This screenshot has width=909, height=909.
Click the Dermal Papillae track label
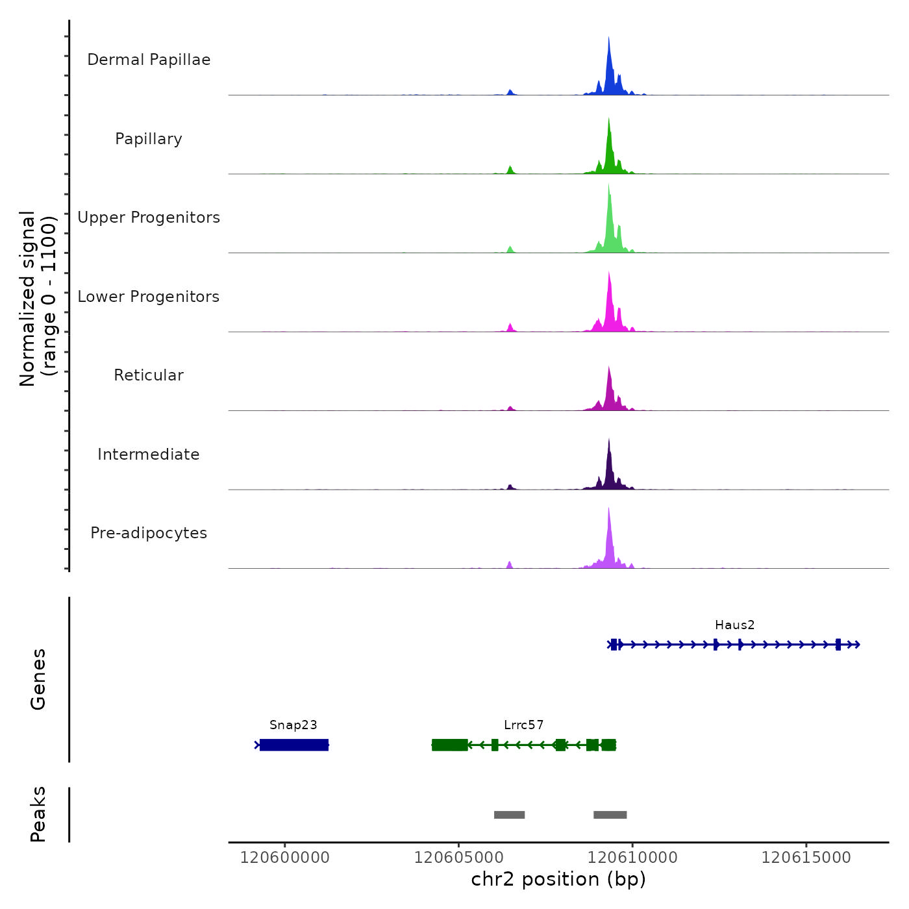coord(149,60)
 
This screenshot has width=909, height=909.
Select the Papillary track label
coord(149,139)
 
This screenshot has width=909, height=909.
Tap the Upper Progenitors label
coord(149,218)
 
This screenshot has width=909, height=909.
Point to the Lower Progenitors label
coord(149,297)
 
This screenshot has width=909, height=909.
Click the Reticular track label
coord(149,375)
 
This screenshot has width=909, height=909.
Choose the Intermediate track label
coord(149,454)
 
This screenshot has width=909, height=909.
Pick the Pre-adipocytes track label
coord(149,533)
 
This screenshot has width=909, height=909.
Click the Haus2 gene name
coord(734,625)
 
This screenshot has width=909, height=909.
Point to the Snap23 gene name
coord(293,725)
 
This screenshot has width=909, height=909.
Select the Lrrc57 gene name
coord(523,725)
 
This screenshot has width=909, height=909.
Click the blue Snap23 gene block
coord(294,745)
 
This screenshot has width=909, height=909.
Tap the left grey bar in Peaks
coord(509,815)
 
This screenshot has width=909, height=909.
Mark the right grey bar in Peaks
coord(610,815)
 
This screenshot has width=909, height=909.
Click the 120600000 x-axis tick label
coord(285,858)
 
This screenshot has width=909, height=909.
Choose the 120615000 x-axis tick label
coord(806,858)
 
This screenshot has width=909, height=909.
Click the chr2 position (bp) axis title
coord(558,880)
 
